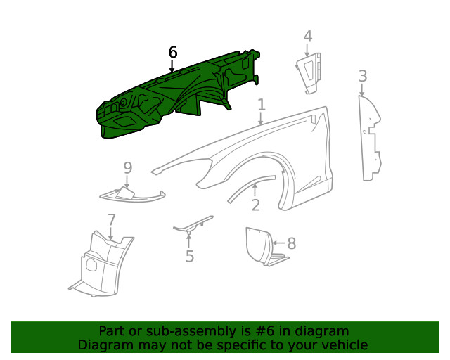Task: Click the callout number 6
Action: (173, 52)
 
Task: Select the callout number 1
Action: (261, 105)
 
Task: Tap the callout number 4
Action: (307, 36)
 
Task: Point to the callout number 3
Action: (362, 75)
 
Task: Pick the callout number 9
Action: (127, 167)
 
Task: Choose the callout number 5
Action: (189, 256)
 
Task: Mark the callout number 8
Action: (291, 243)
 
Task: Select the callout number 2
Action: (255, 205)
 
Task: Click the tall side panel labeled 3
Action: (368, 141)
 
